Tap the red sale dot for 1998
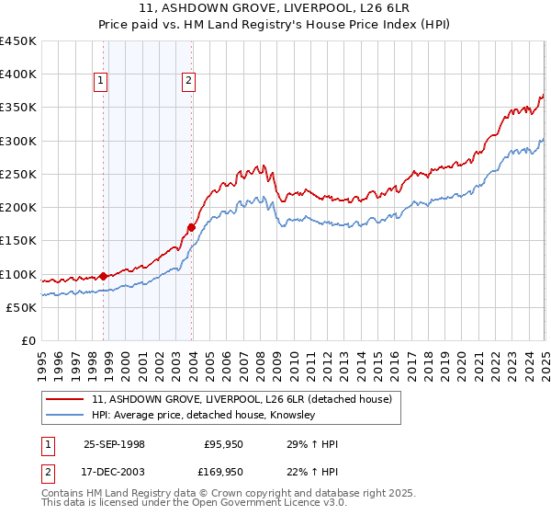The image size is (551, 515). [x=103, y=275]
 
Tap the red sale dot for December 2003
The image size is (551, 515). [x=191, y=226]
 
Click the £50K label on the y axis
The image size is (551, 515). [x=21, y=307]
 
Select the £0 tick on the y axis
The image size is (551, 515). [x=28, y=340]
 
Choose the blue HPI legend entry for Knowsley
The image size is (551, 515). [x=203, y=416]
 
